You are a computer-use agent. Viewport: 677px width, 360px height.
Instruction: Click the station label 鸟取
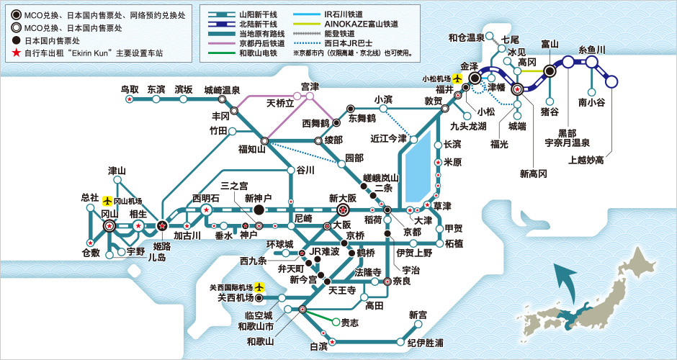click(130, 89)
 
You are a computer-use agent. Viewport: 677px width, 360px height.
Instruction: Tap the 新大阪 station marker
click(344, 210)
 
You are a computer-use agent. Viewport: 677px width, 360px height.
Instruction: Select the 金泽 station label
click(470, 64)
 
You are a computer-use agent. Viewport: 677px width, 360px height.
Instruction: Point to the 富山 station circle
click(550, 71)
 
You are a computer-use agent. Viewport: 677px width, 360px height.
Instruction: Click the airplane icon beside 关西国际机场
click(259, 287)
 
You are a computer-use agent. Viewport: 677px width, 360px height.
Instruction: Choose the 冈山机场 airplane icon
click(108, 201)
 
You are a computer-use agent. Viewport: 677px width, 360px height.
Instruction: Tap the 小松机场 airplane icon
click(457, 78)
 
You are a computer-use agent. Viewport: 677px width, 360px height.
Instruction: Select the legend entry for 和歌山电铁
click(258, 53)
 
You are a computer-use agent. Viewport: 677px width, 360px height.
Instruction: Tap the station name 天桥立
click(280, 103)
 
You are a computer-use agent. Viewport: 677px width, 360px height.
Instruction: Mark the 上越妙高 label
click(586, 160)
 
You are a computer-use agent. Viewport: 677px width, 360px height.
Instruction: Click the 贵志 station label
click(349, 323)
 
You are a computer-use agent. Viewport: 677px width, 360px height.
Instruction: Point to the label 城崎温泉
click(222, 90)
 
